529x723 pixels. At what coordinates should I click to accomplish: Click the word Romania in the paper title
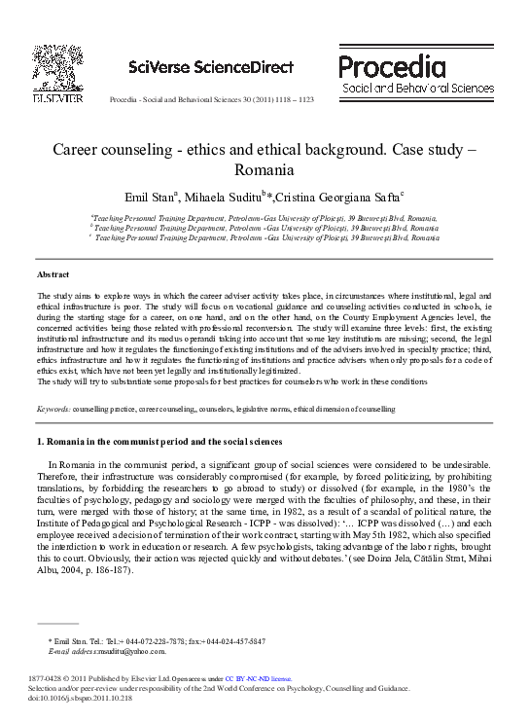pos(264,169)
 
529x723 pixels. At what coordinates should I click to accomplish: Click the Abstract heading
pos(53,275)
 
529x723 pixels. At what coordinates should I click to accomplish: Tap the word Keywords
pos(53,410)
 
